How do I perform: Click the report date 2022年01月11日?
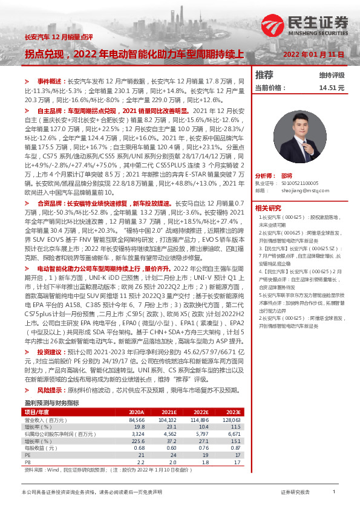coord(314,54)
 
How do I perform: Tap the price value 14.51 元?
coord(332,88)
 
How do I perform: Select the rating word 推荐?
coord(264,75)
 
